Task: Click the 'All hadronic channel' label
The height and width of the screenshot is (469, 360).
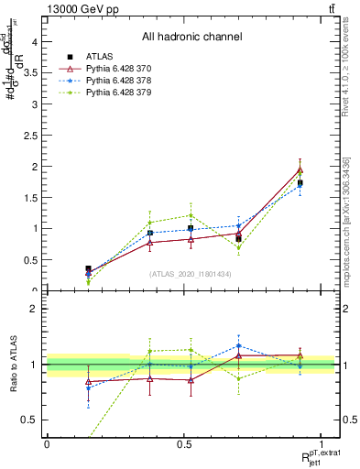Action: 191,38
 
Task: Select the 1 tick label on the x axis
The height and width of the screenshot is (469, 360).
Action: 321,443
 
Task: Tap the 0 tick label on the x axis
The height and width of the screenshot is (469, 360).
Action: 47,443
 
